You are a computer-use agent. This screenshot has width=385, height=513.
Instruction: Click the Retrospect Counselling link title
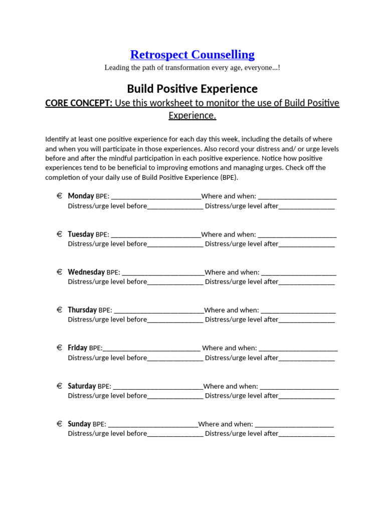click(x=192, y=55)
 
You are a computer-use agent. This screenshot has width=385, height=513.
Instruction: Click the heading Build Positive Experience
click(x=192, y=89)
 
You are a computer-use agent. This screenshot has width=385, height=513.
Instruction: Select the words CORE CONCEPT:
click(x=79, y=103)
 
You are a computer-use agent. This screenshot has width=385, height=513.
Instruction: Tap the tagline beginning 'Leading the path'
click(x=192, y=68)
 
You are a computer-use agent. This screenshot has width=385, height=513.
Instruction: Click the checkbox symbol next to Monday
click(x=59, y=196)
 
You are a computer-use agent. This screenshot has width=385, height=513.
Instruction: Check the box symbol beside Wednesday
click(x=59, y=272)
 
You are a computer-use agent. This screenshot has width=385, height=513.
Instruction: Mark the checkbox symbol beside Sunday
click(x=59, y=424)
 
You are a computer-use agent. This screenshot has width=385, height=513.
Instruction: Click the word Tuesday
click(x=81, y=234)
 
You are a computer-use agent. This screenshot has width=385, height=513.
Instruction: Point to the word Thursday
click(x=82, y=310)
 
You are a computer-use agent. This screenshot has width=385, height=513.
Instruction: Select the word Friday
click(x=77, y=348)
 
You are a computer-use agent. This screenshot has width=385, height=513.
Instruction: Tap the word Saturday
click(x=82, y=386)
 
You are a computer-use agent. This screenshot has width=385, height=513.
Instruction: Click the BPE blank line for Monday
click(x=156, y=197)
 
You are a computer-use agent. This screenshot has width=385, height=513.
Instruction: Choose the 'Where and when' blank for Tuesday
click(x=297, y=235)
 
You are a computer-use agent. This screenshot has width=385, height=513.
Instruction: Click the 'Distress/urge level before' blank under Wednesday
click(x=175, y=283)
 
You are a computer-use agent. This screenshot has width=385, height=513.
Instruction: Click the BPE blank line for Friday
click(x=151, y=349)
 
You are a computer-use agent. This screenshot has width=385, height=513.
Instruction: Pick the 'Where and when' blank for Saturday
click(x=299, y=387)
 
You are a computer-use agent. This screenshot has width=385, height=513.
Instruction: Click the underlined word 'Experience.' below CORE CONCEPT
click(x=192, y=116)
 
